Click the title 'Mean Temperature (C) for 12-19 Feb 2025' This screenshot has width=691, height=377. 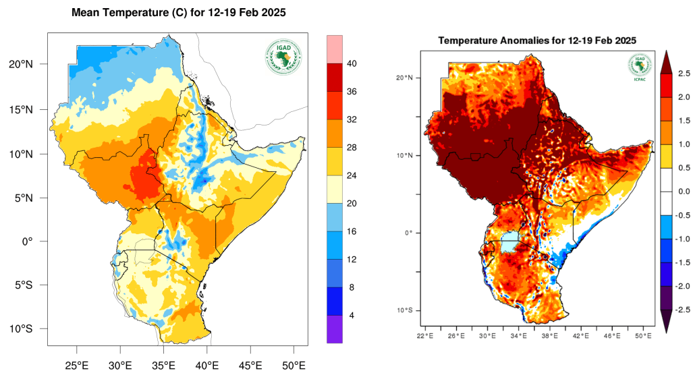[179, 13]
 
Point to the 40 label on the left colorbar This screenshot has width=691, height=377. [352, 63]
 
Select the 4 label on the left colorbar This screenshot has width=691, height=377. [352, 316]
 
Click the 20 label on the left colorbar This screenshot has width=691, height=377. [352, 203]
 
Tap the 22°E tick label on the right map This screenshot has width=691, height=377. [424, 335]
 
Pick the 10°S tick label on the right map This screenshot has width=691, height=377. [404, 310]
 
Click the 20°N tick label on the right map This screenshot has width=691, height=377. [404, 78]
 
